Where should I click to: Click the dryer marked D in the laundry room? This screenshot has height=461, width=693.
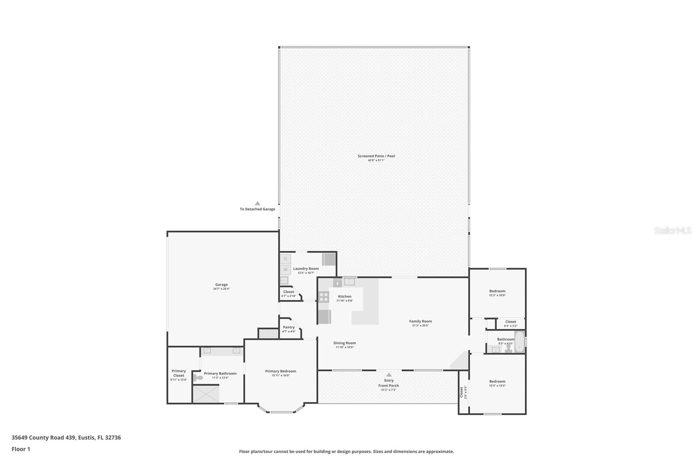[285, 259]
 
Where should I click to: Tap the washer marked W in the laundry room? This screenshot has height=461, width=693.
[285, 269]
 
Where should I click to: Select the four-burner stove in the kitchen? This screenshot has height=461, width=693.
[324, 297]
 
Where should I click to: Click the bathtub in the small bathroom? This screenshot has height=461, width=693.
[519, 342]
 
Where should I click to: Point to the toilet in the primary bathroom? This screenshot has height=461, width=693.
[198, 378]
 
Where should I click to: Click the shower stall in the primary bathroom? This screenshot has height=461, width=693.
[206, 394]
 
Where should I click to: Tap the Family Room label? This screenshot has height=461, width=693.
[420, 321]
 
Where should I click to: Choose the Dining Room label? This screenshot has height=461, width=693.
[344, 343]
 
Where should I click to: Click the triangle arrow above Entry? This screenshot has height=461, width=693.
[389, 375]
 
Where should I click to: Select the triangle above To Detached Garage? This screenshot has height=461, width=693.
[257, 203]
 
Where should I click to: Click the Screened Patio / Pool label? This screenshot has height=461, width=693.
[376, 156]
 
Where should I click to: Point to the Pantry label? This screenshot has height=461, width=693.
[288, 327]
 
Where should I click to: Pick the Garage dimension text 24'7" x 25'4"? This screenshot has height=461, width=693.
[221, 289]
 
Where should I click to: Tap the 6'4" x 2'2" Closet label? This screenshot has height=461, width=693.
[510, 322]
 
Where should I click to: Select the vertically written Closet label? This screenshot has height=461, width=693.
[461, 392]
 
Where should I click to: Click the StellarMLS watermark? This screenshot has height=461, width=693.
[672, 230]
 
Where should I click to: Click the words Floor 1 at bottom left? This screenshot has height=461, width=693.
[21, 449]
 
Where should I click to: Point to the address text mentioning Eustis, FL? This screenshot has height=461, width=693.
[66, 437]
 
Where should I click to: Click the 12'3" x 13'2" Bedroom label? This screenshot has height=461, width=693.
[497, 381]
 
